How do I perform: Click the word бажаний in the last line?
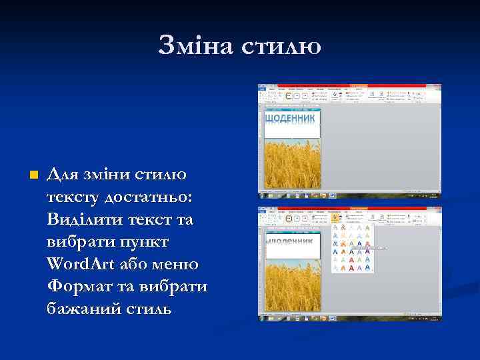click(80, 309)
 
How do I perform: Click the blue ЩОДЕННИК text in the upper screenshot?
click(291, 118)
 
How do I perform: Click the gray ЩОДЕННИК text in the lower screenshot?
click(291, 241)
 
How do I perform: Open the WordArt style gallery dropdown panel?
click(351, 247)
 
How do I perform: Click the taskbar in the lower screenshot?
click(349, 319)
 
